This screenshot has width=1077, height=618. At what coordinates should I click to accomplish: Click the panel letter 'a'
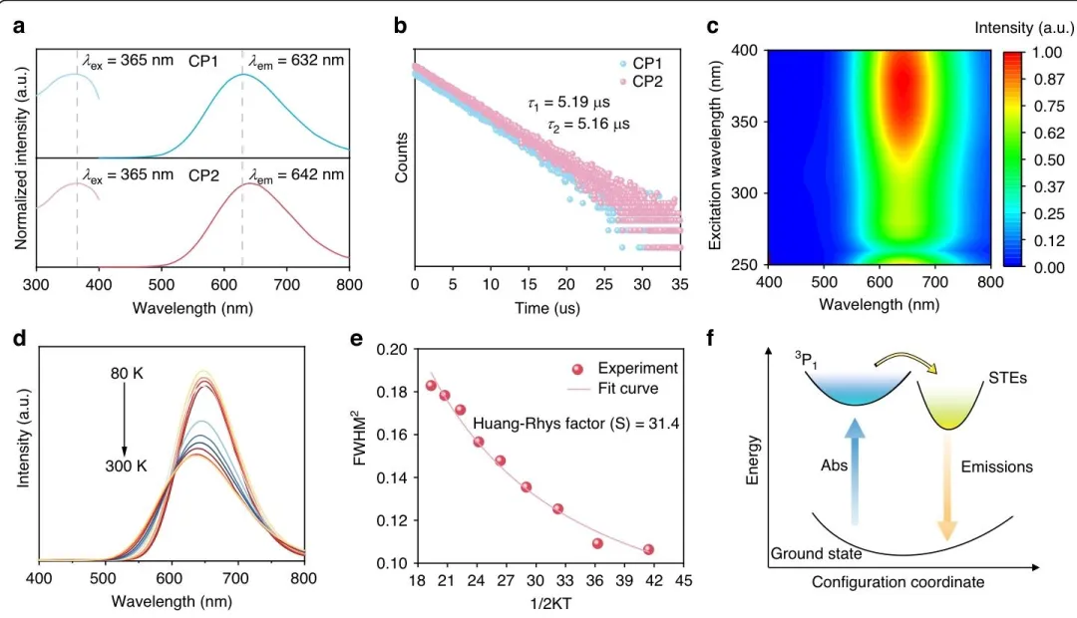coord(19,28)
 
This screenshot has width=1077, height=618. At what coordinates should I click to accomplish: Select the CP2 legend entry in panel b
coord(648,81)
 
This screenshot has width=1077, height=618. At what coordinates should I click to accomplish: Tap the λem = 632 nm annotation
coord(296,61)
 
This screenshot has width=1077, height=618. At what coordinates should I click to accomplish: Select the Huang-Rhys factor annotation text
coord(575,424)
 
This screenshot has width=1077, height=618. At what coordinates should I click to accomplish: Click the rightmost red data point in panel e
coord(648,549)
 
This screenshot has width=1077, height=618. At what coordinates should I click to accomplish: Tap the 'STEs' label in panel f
coord(1007,379)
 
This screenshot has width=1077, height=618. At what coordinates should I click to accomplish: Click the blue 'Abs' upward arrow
coord(854,467)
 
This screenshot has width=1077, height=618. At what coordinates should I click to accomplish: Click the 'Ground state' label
coord(816,552)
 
